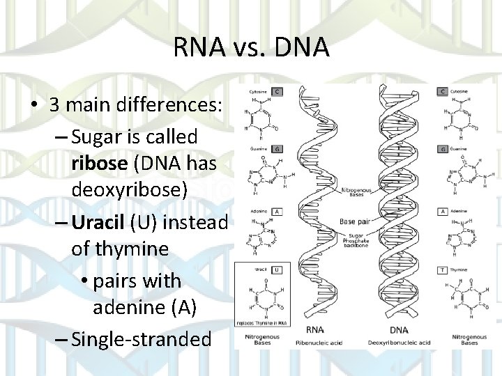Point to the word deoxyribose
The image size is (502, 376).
click(x=128, y=189)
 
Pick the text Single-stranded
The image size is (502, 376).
click(x=141, y=339)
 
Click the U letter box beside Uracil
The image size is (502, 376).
click(x=277, y=269)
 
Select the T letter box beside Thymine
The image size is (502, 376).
click(x=442, y=269)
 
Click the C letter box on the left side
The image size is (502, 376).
click(x=277, y=91)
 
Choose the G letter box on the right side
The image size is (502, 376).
click(x=442, y=149)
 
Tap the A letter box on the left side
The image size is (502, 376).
click(x=277, y=211)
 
